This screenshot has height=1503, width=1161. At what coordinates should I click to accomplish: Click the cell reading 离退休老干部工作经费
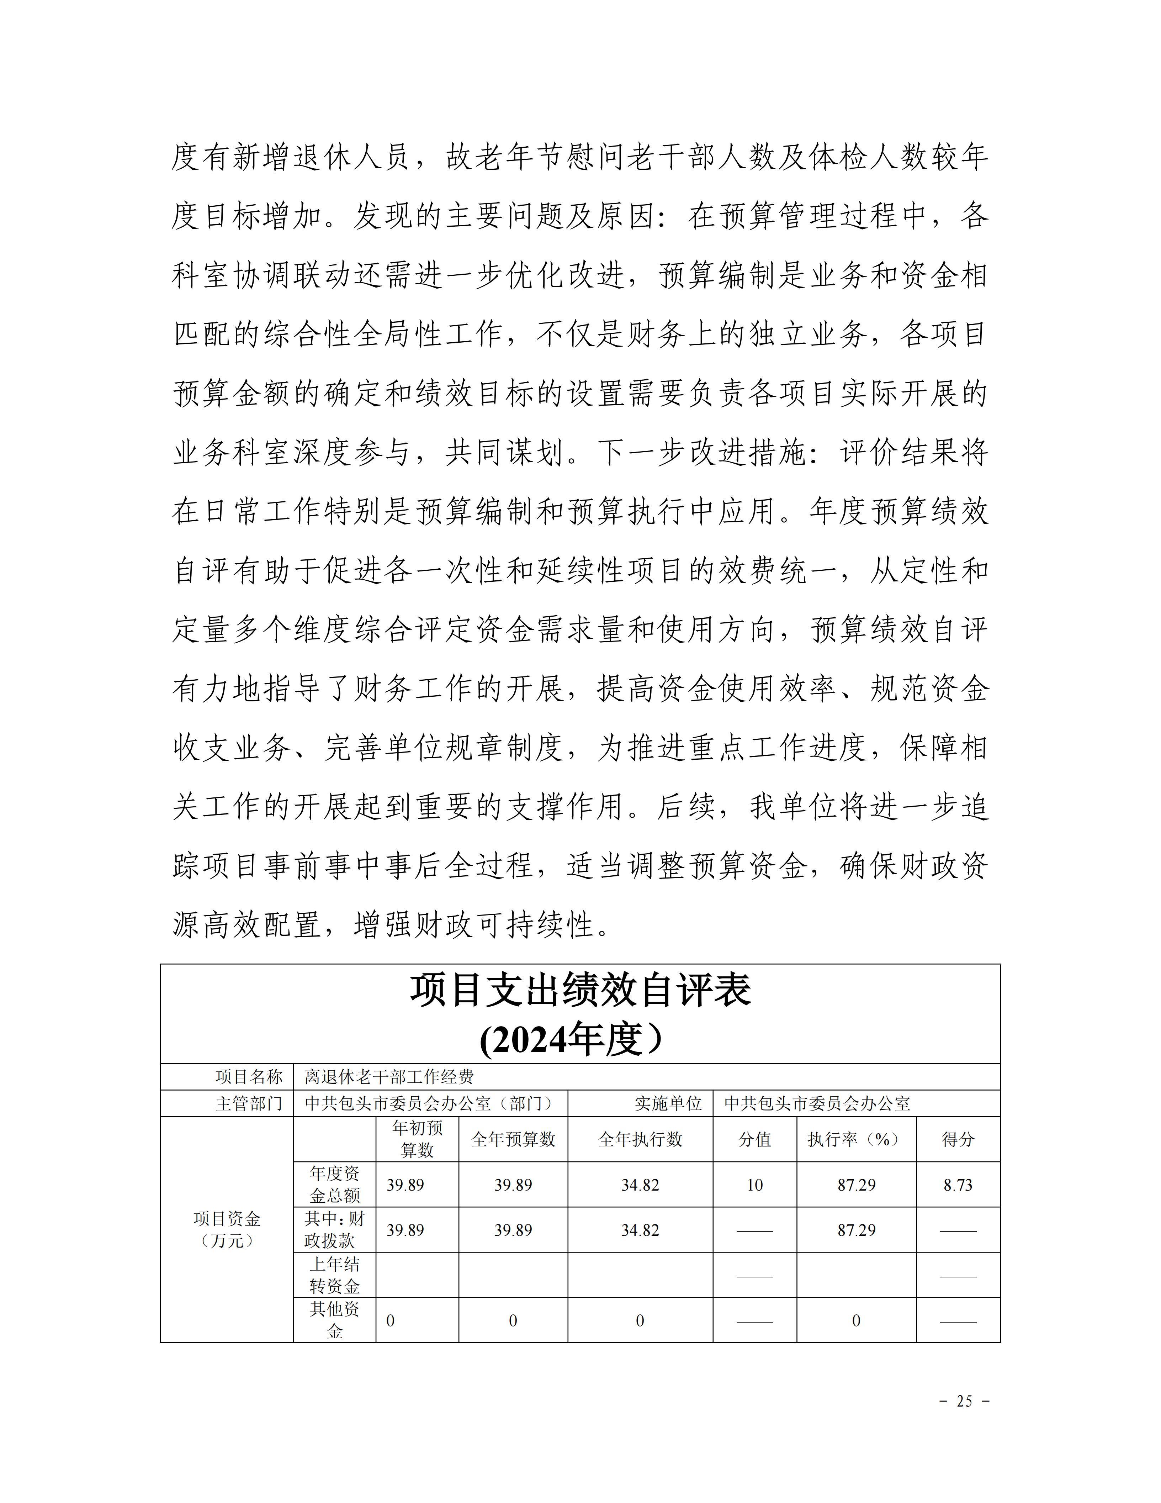point(389,1077)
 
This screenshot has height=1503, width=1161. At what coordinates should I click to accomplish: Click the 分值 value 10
point(754,1185)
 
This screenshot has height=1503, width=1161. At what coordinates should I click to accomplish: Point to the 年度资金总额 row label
point(334,1185)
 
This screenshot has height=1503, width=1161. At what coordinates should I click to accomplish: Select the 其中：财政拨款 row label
point(334,1230)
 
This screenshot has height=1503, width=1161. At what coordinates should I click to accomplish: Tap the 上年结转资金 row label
point(334,1275)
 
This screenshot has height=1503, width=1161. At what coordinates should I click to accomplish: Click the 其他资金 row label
point(334,1320)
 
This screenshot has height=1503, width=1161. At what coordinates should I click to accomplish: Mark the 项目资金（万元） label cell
point(227,1230)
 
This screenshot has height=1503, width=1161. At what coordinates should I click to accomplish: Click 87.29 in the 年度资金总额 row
point(856,1185)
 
